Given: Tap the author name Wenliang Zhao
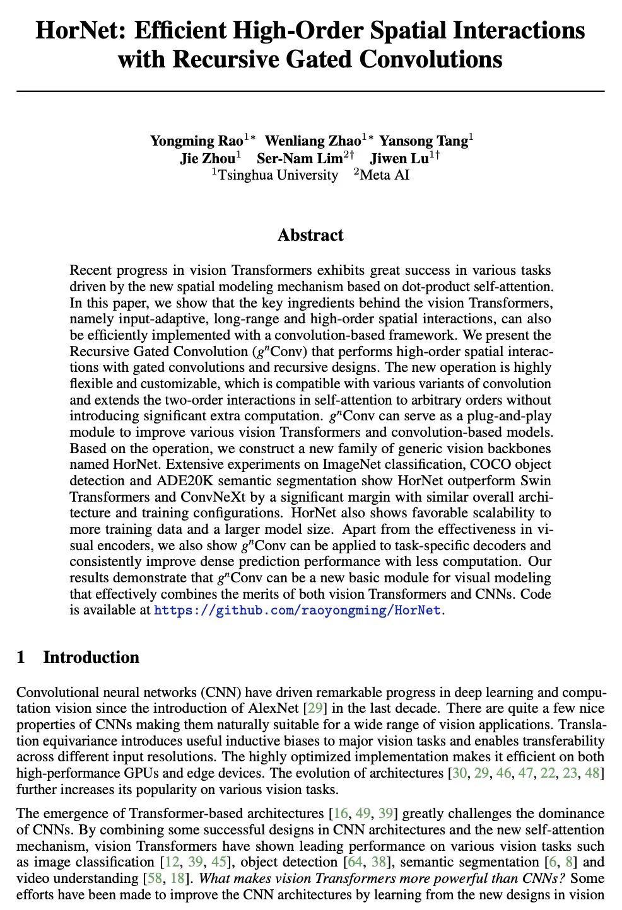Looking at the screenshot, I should pyautogui.click(x=312, y=141).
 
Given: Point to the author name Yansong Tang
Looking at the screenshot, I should pyautogui.click(x=423, y=141).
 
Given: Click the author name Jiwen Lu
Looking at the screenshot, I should pyautogui.click(x=399, y=158).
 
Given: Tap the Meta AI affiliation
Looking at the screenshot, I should pyautogui.click(x=384, y=175).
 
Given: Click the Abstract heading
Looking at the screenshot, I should pyautogui.click(x=310, y=236).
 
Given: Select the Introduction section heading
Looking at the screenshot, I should pyautogui.click(x=91, y=657).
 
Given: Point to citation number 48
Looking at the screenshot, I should pyautogui.click(x=592, y=773).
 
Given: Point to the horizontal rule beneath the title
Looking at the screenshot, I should pyautogui.click(x=310, y=92).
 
